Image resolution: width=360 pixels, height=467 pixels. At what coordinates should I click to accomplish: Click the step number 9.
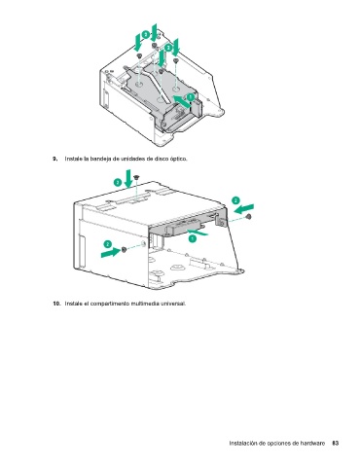(x=55, y=159)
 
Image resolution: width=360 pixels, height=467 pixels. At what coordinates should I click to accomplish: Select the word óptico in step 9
(x=179, y=159)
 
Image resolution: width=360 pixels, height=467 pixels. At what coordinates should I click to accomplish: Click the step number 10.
(x=56, y=304)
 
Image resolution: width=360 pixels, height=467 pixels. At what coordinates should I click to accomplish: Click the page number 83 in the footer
(x=336, y=443)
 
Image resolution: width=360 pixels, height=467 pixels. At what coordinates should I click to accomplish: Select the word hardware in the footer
(x=312, y=443)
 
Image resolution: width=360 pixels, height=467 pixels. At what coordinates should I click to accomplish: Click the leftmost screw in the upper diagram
(x=139, y=56)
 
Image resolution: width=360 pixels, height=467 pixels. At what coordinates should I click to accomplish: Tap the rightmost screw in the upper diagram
(x=176, y=60)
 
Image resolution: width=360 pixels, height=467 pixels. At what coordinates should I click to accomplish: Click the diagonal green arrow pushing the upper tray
(x=182, y=101)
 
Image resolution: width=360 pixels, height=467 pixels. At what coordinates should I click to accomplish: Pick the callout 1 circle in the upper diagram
(x=190, y=96)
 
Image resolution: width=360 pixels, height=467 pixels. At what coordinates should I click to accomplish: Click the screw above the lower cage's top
(x=136, y=177)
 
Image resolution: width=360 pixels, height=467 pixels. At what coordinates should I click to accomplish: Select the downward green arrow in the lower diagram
(x=128, y=178)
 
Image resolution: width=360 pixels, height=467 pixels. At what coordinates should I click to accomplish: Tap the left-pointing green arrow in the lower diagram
(x=244, y=208)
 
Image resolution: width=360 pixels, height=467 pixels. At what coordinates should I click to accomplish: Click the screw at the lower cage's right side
(x=249, y=217)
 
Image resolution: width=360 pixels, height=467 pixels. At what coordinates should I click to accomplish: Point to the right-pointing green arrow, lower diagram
(x=111, y=252)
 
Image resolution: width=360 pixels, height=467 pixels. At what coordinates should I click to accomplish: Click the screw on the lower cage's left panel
(x=124, y=249)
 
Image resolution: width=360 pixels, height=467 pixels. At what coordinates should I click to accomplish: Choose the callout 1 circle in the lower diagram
(x=193, y=238)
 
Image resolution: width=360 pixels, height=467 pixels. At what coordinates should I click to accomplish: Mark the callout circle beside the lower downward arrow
(x=118, y=182)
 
